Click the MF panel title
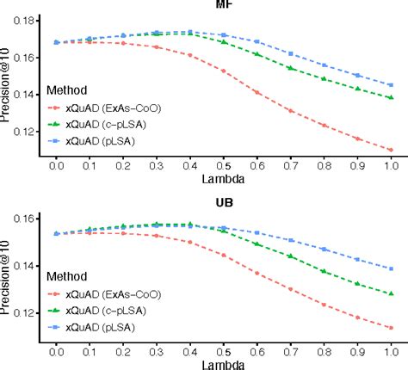(222, 3)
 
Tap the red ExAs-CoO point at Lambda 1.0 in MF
(390, 150)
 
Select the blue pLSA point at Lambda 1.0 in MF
(390, 85)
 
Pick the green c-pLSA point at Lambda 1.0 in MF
(390, 98)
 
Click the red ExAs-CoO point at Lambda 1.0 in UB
(390, 328)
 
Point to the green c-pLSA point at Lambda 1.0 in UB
(390, 294)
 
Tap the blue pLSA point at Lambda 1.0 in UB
(390, 269)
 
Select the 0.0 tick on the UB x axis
(56, 351)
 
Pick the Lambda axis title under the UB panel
(222, 363)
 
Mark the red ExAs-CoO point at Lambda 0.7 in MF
(290, 111)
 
